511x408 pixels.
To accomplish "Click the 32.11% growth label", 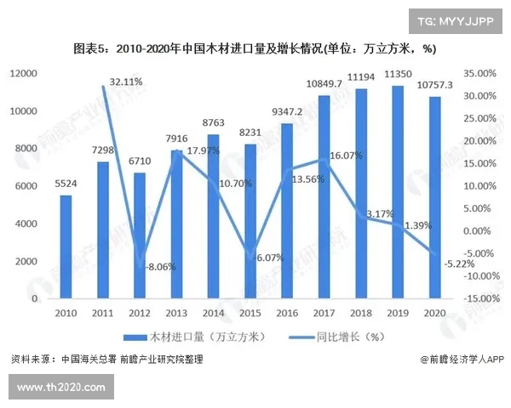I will (126, 82).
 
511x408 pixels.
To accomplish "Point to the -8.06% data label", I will (159, 266).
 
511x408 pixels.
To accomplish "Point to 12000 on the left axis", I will (26, 75).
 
